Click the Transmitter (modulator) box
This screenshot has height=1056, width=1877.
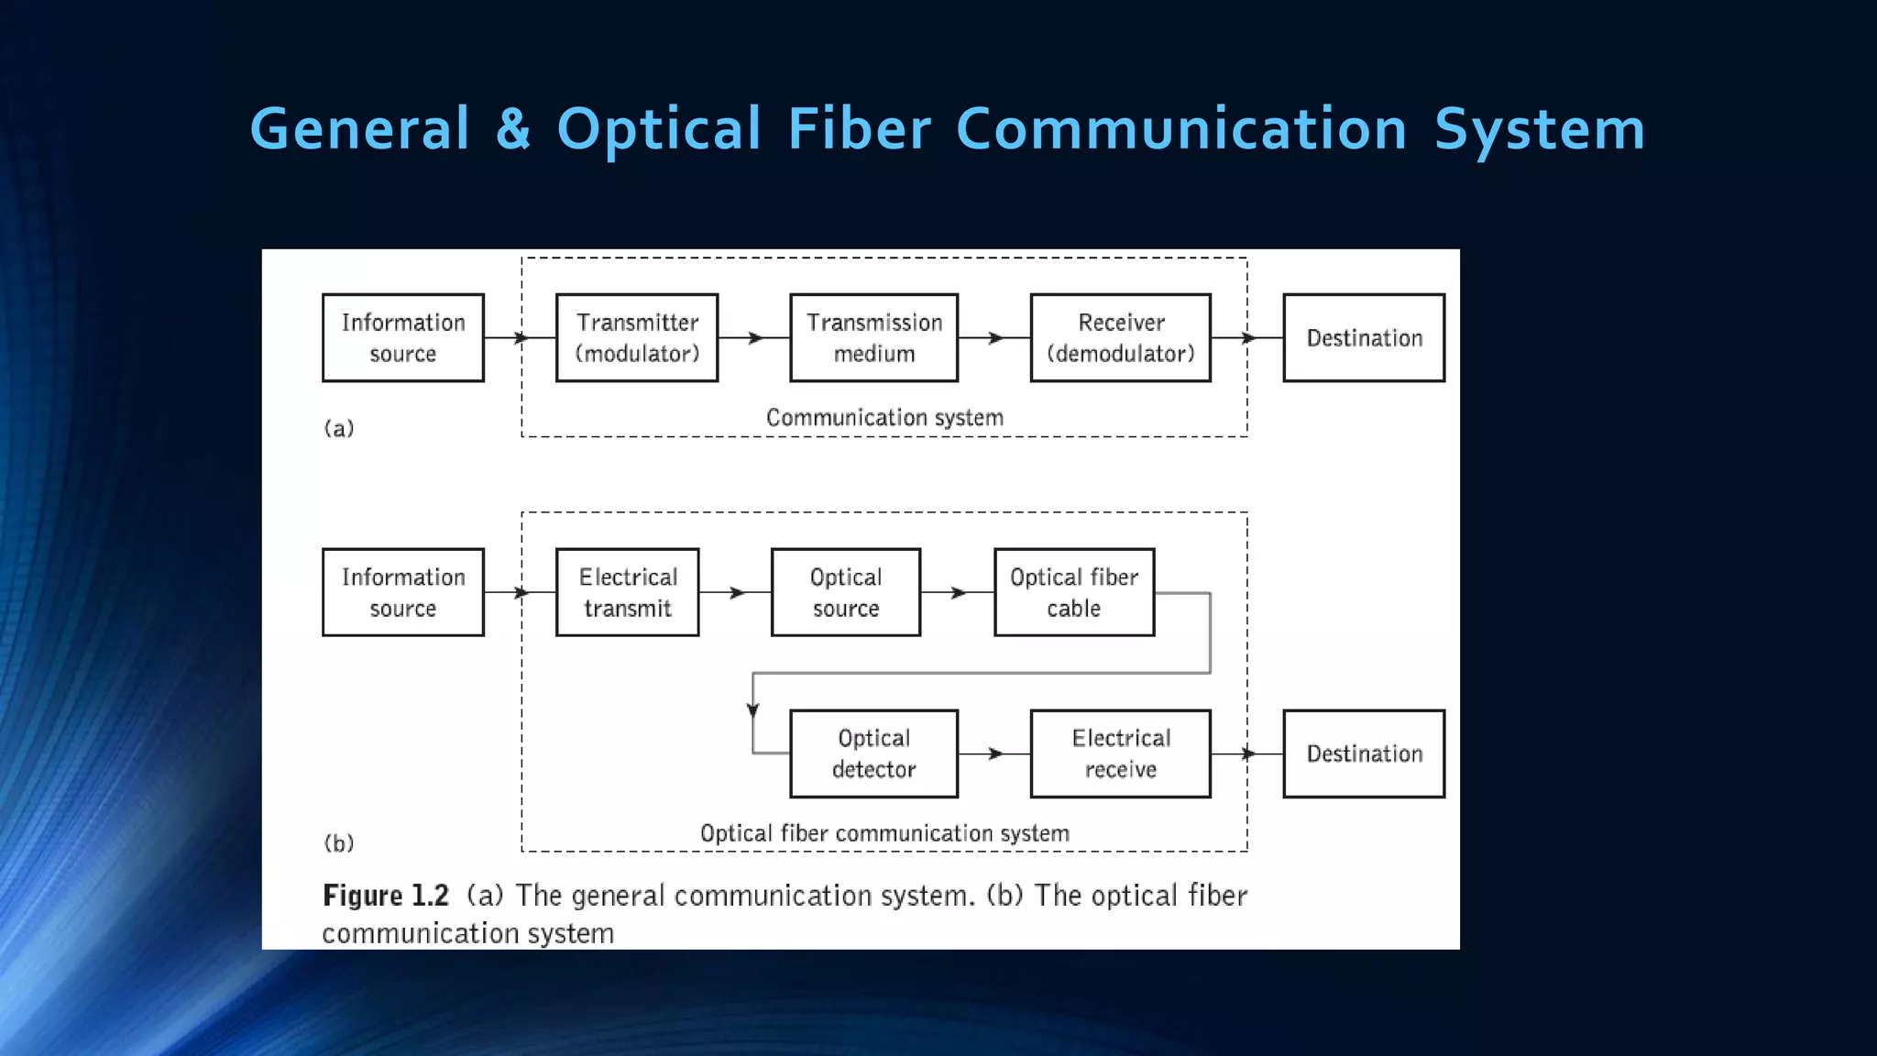coord(636,337)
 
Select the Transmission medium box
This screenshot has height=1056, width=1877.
coord(873,337)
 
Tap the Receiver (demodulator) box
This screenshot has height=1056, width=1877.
coord(1120,337)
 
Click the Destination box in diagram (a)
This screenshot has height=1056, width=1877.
coord(1363,337)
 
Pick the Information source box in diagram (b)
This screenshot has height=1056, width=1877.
coord(402,592)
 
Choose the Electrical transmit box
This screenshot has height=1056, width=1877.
coord(627,592)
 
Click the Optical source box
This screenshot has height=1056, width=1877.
coord(845,592)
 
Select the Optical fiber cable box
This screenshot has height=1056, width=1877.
coord(1073,592)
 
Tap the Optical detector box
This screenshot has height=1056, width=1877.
coord(873,753)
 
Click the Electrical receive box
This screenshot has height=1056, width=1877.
coord(1120,753)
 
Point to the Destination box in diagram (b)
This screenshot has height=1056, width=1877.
coord(1363,753)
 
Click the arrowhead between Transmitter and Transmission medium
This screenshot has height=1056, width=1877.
coord(756,338)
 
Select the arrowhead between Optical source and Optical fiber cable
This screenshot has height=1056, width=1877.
coord(959,593)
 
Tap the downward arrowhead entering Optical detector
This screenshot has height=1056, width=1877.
coord(752,710)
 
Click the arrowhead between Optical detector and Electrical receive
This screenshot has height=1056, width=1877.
coord(996,753)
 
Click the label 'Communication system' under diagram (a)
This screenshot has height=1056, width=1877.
coord(884,418)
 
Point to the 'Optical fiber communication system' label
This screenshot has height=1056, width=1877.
coord(884,833)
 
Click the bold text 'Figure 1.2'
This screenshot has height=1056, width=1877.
coord(385,896)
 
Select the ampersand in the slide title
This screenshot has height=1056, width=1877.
coord(513,129)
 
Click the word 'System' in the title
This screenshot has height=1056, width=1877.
coord(1539,129)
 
